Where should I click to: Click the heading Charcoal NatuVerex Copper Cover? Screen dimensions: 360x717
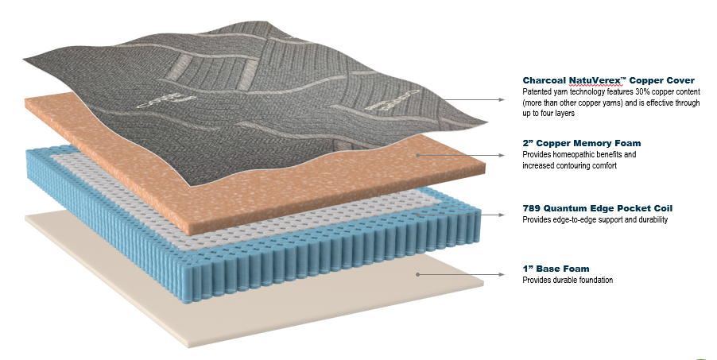pyautogui.click(x=608, y=80)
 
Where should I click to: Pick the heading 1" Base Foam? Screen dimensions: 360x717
pyautogui.click(x=556, y=269)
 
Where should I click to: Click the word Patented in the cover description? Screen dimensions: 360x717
pyautogui.click(x=537, y=92)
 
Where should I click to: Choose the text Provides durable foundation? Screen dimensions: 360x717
pyautogui.click(x=567, y=280)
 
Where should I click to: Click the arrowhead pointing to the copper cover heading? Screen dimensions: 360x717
pyautogui.click(x=501, y=100)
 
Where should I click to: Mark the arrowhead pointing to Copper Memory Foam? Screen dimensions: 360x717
pyautogui.click(x=501, y=156)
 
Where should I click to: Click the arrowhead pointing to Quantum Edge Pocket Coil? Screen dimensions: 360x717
pyautogui.click(x=501, y=215)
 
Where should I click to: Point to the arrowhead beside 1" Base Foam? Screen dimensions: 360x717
pyautogui.click(x=501, y=274)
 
